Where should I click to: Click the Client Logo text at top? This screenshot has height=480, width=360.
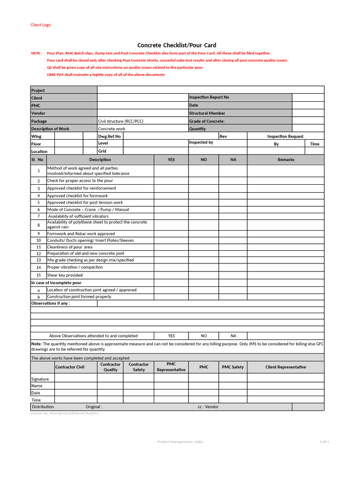point(41,25)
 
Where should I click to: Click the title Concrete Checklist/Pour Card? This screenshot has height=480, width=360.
point(176,45)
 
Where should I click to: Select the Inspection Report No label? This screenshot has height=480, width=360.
point(209,97)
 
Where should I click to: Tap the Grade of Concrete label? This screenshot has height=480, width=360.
point(207,121)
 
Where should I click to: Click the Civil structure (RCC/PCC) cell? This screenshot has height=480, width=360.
point(120,121)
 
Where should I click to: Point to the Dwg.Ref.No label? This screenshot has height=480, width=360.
point(109,136)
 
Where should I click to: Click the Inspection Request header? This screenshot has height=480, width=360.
point(285,136)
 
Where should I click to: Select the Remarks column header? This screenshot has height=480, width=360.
point(285,159)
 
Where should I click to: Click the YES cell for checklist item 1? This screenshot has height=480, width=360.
point(171,171)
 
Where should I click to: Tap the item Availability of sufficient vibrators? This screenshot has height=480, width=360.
point(78,216)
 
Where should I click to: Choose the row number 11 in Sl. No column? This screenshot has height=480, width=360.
point(38,247)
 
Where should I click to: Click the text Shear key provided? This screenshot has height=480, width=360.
point(65,275)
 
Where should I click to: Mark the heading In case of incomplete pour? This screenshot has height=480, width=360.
point(56,283)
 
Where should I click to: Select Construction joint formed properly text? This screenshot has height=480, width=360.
point(79,297)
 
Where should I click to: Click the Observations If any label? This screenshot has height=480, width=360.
point(50,303)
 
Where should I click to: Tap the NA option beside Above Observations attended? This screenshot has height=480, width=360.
point(233,336)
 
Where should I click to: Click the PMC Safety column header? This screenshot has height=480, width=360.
point(233,367)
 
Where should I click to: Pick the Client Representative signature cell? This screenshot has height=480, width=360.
point(285,378)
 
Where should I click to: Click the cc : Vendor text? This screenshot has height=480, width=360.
point(208,407)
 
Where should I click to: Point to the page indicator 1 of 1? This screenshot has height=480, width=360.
point(324,442)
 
